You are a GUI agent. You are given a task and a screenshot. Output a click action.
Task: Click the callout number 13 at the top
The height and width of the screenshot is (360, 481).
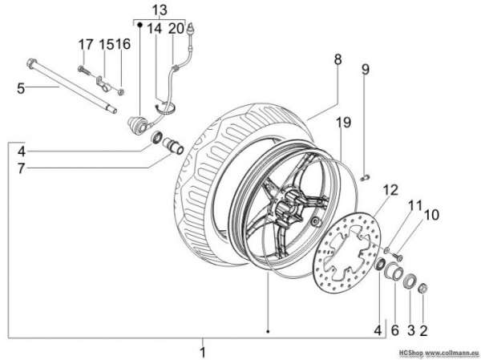[x=160, y=10]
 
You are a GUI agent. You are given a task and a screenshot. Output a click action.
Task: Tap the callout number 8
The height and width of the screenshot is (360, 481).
[x=338, y=59]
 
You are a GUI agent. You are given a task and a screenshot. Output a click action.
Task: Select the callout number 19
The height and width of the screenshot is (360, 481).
[x=344, y=122]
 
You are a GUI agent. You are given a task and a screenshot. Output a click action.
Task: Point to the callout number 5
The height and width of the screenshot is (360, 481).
[x=21, y=88]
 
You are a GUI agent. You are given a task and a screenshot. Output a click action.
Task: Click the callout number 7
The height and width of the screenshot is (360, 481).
[x=21, y=168]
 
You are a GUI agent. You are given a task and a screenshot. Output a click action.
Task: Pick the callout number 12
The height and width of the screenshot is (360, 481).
[x=390, y=190]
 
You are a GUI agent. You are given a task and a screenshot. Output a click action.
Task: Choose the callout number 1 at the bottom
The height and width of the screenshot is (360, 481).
[x=203, y=352]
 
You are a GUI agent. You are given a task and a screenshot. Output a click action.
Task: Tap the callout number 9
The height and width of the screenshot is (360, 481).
[x=366, y=70]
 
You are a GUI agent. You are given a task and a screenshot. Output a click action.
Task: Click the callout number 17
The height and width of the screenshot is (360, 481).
[x=86, y=45]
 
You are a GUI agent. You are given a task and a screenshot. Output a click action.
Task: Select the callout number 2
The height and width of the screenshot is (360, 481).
[x=423, y=330]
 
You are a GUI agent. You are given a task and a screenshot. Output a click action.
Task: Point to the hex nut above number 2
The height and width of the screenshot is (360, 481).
[x=423, y=288]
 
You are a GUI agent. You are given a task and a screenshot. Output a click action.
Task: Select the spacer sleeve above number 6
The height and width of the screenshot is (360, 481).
[x=394, y=269]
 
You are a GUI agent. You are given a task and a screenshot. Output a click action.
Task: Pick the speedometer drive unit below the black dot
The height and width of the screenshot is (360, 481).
[x=139, y=124]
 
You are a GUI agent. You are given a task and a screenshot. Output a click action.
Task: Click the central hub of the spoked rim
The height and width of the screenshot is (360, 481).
[x=287, y=206]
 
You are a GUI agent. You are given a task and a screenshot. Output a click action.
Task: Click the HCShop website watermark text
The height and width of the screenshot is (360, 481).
[x=439, y=352]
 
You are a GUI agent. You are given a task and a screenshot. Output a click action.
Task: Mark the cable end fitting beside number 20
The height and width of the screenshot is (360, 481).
[x=192, y=30]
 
